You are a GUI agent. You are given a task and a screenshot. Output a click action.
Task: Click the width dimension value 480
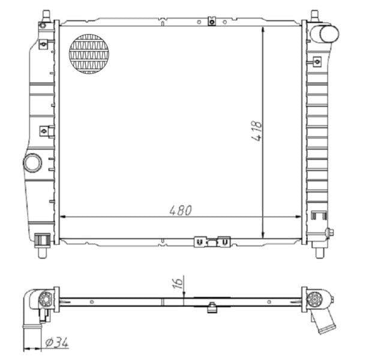180,210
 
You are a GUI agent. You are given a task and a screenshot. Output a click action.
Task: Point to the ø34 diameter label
56,343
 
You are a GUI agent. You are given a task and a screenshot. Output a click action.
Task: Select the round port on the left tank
32,163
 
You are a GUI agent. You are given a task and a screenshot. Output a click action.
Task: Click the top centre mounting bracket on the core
211,22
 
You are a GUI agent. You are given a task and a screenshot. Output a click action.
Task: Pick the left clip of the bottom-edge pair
199,242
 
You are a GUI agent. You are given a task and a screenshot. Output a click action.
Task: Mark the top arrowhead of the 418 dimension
264,30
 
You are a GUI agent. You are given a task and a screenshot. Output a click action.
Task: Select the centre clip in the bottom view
211,309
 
